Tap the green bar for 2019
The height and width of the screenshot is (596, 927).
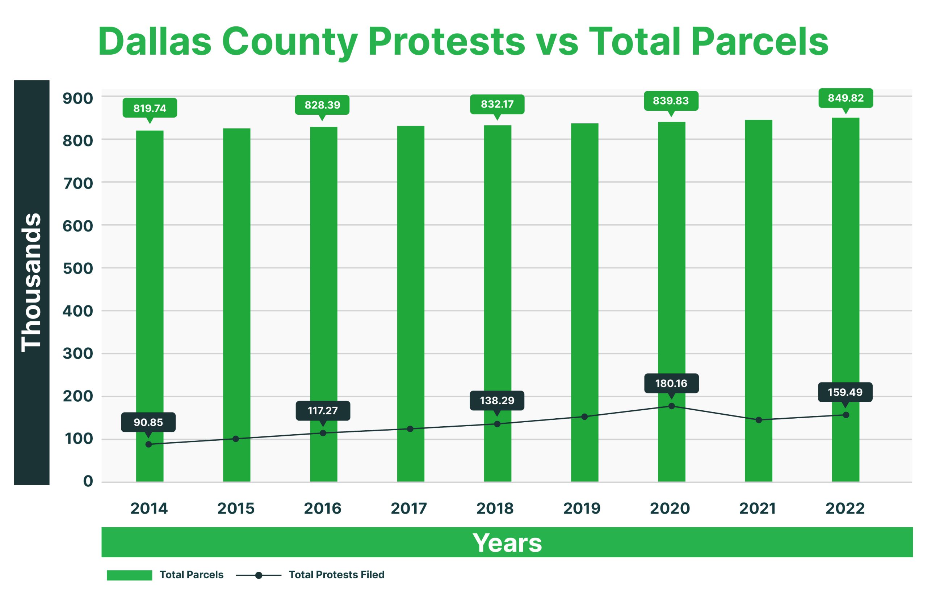point(584,302)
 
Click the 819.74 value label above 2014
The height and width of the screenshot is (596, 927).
point(150,108)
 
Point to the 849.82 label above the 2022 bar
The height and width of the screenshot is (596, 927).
point(845,98)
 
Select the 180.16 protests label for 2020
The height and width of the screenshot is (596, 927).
point(671,383)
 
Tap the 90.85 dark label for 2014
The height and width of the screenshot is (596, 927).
point(148,422)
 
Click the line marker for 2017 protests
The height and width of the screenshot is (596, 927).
point(410,429)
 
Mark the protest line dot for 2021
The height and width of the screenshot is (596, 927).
point(759,420)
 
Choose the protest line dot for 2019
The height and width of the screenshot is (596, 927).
point(584,417)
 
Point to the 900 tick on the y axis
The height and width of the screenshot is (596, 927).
point(78,98)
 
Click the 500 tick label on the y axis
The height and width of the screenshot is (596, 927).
point(78,268)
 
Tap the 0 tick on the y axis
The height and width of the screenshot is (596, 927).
point(88,481)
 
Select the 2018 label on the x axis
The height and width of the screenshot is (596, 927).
point(495,508)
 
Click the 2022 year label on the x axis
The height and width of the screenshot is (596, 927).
point(845,508)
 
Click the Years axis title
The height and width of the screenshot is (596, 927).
point(507,542)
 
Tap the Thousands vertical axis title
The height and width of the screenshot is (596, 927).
point(32,283)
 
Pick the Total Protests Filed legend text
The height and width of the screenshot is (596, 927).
point(336,575)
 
